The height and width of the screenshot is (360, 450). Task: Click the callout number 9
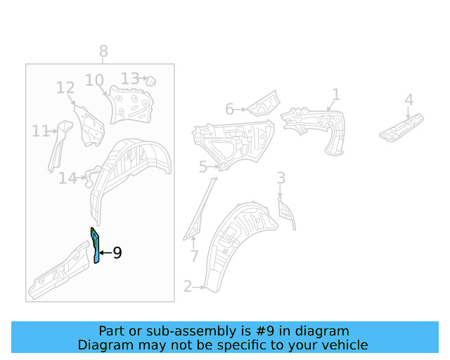pyautogui.click(x=117, y=252)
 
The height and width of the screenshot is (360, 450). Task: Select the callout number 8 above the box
pyautogui.click(x=103, y=51)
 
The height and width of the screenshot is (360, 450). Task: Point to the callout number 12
pyautogui.click(x=65, y=88)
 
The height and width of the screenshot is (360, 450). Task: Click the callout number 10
pyautogui.click(x=94, y=80)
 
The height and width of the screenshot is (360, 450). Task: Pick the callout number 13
pyautogui.click(x=129, y=78)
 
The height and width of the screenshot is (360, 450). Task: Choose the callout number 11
pyautogui.click(x=40, y=130)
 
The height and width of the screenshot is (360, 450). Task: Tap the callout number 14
pyautogui.click(x=67, y=179)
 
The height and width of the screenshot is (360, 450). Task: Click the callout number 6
pyautogui.click(x=229, y=109)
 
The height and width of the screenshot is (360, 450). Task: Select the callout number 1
pyautogui.click(x=336, y=94)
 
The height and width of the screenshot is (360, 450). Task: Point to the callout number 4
pyautogui.click(x=409, y=100)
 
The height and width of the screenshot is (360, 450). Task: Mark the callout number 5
pyautogui.click(x=202, y=167)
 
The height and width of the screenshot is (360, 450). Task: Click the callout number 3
pyautogui.click(x=281, y=178)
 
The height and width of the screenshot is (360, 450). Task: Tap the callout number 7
pyautogui.click(x=195, y=255)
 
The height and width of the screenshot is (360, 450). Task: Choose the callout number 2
pyautogui.click(x=188, y=286)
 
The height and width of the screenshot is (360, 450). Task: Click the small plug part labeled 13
pyautogui.click(x=149, y=81)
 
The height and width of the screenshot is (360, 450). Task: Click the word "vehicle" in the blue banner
pyautogui.click(x=344, y=345)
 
